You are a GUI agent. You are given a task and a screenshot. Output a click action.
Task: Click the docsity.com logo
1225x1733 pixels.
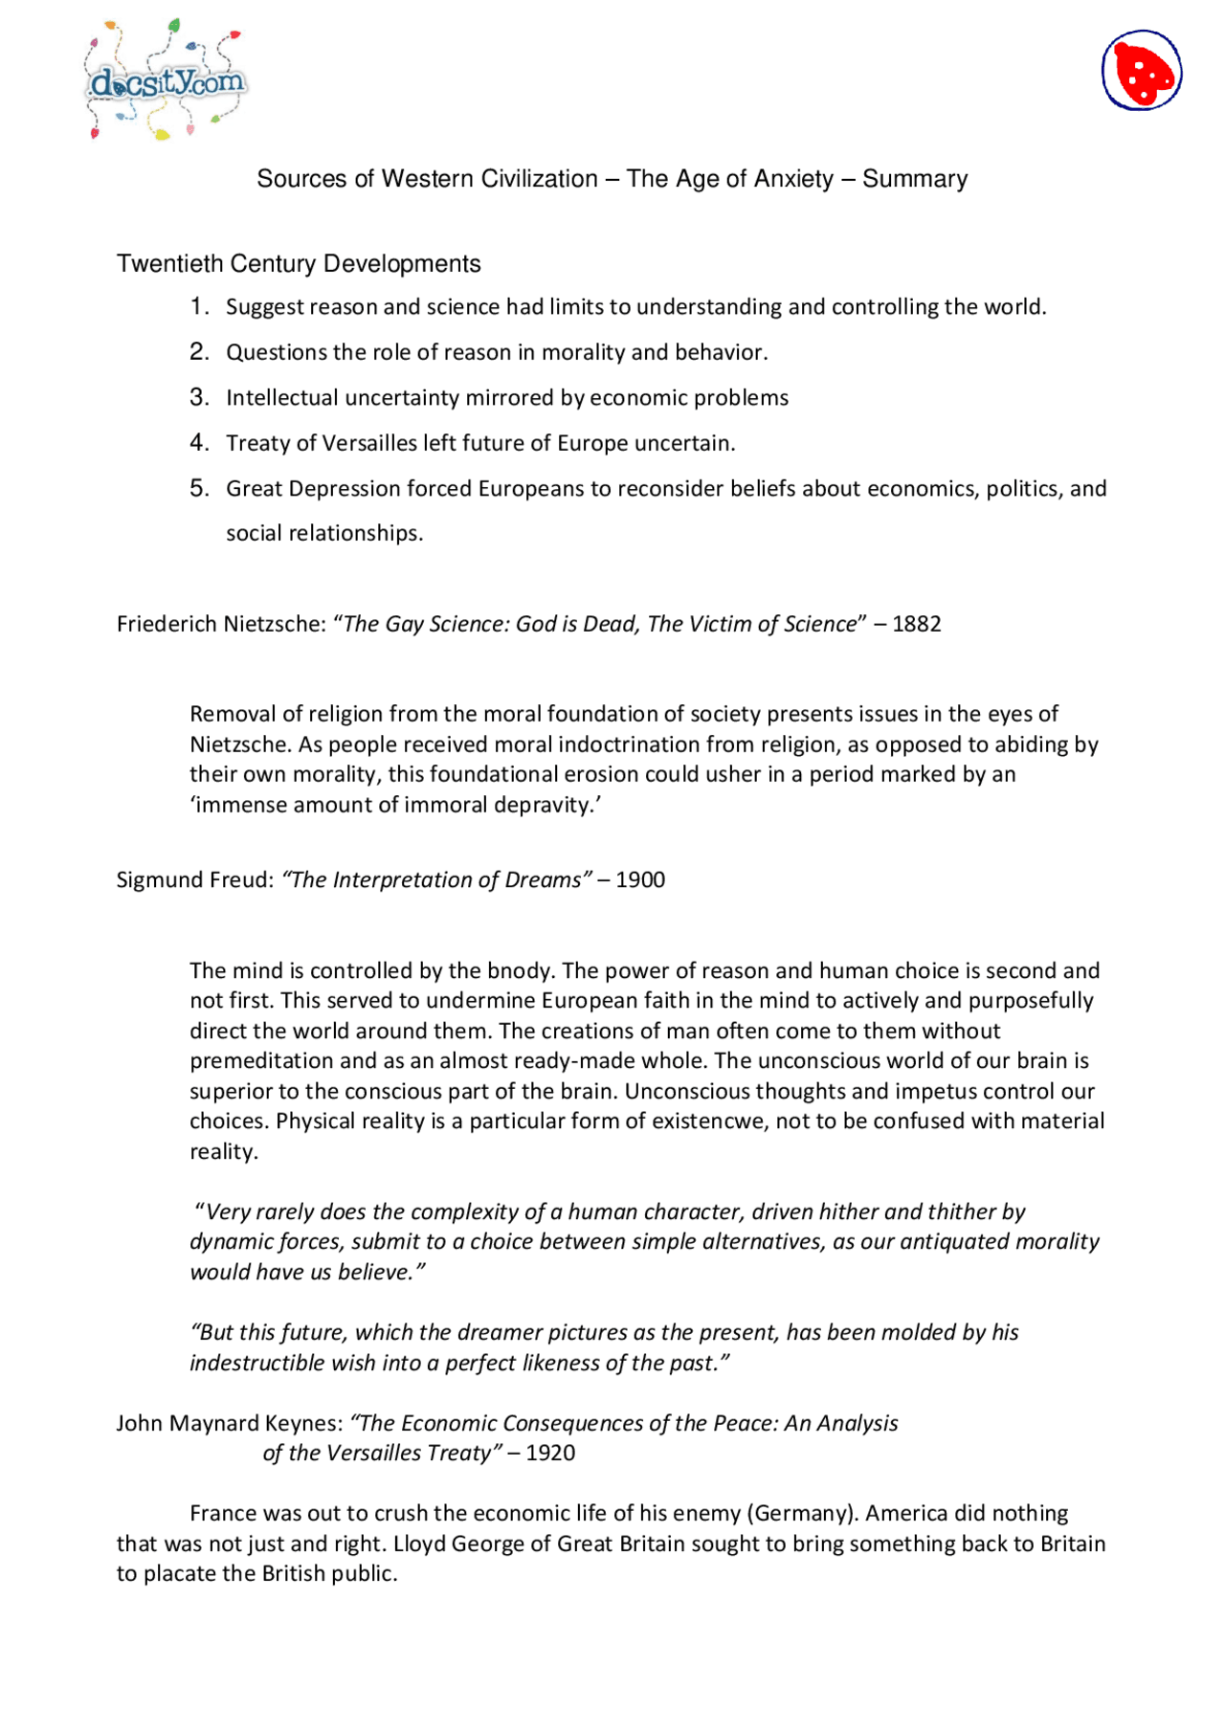pos(167,82)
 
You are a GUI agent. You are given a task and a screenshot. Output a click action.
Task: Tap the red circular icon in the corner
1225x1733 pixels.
pos(1141,71)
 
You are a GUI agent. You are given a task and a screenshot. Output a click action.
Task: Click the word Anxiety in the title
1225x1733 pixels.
pos(793,179)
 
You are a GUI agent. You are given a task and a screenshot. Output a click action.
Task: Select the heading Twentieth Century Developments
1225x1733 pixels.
pos(299,264)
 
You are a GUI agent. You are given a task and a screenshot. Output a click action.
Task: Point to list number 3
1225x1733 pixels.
pos(198,397)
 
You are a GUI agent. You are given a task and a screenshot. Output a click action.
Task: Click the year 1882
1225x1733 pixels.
pos(916,624)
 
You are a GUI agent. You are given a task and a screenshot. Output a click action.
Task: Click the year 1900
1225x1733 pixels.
pos(640,880)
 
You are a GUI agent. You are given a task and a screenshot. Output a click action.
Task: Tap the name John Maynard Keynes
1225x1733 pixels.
pos(229,1424)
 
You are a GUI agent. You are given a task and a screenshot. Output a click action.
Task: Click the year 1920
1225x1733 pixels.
pos(550,1454)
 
